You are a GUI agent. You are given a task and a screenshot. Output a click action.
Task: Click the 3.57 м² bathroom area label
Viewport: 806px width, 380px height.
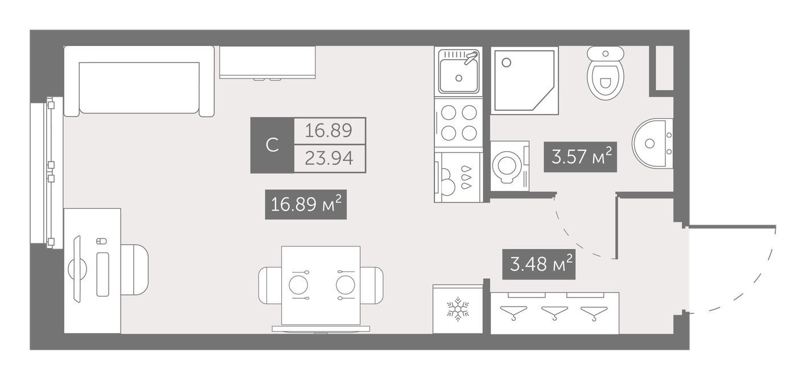(580, 157)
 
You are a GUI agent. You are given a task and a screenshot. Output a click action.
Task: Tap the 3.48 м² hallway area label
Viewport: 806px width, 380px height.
(538, 265)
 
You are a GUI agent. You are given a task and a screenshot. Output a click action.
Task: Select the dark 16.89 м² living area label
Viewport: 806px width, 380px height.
(306, 204)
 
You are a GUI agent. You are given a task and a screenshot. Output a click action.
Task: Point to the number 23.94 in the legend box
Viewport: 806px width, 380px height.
(329, 158)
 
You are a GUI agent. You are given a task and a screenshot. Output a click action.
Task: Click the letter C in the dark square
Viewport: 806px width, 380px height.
(272, 145)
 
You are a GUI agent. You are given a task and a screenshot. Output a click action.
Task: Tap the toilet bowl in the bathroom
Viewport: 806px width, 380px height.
(605, 73)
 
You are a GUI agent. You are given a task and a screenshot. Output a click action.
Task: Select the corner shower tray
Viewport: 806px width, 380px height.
(524, 81)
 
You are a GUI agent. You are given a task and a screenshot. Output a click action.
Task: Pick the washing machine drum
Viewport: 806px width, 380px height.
(507, 166)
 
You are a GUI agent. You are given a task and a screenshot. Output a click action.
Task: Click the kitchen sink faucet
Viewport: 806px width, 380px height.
(471, 57)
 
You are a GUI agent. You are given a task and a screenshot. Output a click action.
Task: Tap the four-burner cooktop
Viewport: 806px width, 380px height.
(459, 123)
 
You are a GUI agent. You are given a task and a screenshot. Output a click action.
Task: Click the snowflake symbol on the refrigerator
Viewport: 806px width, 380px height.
(458, 309)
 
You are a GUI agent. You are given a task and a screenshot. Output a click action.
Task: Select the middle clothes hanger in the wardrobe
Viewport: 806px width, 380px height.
(554, 312)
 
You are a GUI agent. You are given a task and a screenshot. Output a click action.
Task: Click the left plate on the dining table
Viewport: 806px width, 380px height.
(298, 285)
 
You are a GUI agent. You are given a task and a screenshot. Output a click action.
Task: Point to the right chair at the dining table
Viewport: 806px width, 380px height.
(372, 286)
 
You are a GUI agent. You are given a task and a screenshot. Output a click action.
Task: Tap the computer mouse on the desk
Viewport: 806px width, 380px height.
(101, 241)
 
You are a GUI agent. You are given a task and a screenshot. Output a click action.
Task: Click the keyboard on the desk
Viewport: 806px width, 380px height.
(102, 274)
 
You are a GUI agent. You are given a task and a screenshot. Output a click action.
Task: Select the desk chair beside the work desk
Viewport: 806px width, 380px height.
(134, 270)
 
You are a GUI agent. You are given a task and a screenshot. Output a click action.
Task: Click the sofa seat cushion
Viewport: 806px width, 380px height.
(139, 88)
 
